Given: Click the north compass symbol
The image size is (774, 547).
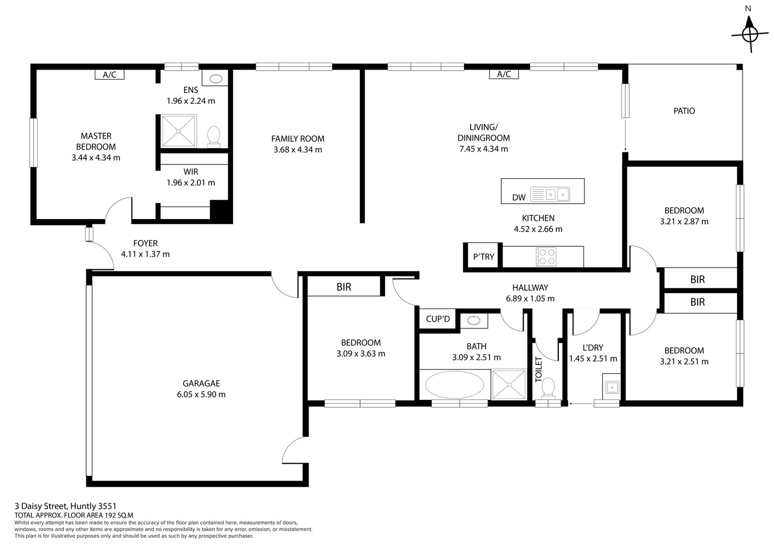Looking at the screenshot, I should tap(749, 33).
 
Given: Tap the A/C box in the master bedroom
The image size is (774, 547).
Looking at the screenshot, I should tap(109, 74).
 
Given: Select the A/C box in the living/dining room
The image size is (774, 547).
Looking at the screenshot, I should tap(504, 74).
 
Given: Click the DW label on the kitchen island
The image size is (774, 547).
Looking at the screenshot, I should tap(519, 197).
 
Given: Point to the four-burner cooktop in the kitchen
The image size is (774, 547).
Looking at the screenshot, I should tap(546, 256).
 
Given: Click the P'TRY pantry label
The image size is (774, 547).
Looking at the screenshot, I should tap(483, 257).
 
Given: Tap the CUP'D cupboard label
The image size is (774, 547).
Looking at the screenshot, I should tap(438, 319).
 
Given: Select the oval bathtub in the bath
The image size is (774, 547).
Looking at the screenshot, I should tap(454, 385).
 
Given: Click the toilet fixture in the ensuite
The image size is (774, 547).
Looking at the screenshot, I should tap(213, 136).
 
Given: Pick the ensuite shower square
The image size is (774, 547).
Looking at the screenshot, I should tap(179, 131).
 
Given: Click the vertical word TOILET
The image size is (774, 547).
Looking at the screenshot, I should tap(539, 370).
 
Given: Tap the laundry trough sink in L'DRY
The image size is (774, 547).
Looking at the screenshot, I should tap(612, 386).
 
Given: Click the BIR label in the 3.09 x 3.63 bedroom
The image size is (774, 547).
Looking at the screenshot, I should tap(343, 287).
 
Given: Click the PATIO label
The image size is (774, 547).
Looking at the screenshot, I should tap(684, 111).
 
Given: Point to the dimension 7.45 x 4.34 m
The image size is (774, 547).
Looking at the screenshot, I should tap(483, 149).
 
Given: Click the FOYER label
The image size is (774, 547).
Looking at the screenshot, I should tap(145, 243).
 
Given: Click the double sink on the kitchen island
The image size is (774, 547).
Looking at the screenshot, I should tap(557, 194).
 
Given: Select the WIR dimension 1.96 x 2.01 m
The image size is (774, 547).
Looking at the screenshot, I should tap(191, 183).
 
